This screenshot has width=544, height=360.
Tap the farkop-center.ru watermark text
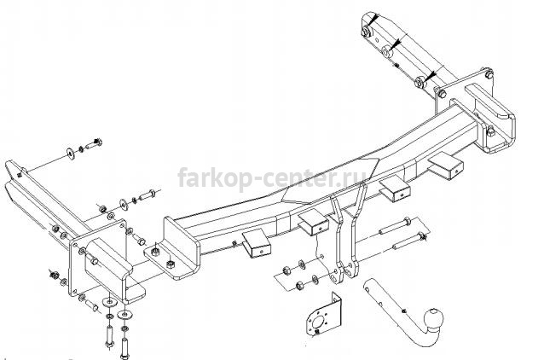[272, 177]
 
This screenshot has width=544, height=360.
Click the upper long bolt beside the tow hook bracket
[395, 225]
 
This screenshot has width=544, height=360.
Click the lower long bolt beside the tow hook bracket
[410, 241]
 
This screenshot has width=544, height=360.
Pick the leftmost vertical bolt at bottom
[109, 337]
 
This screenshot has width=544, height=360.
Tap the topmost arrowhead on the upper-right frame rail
[373, 20]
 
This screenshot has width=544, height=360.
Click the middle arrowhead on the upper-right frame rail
[396, 43]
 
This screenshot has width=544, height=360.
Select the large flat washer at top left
[72, 153]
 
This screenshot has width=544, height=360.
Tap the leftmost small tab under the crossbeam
[257, 243]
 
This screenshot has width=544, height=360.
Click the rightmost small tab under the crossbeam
[448, 166]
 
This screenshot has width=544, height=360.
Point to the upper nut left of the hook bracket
[287, 270]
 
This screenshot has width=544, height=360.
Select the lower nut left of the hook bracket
[300, 286]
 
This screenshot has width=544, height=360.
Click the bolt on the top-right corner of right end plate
[489, 73]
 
